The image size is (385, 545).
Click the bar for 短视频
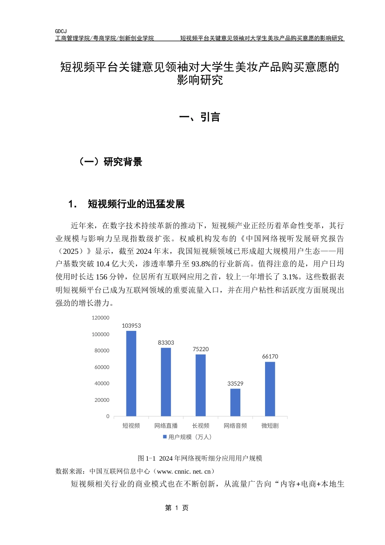[131, 373]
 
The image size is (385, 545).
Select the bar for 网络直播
[166, 382]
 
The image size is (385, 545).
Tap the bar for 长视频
[201, 385]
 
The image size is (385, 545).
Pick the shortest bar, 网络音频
[235, 402]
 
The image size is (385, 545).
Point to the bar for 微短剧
[270, 389]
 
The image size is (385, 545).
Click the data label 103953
[131, 326]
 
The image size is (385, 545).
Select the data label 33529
[235, 384]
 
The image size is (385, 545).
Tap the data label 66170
[270, 356]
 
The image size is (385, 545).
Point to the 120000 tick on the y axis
[101, 318]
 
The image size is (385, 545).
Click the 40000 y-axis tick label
[102, 384]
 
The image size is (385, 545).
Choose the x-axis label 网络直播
[166, 426]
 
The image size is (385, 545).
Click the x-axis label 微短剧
[270, 426]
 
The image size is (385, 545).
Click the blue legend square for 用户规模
[165, 437]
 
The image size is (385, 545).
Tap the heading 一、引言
[200, 117]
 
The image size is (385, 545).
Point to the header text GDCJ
[61, 31]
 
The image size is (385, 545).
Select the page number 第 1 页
[177, 508]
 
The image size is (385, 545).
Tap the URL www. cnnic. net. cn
[184, 471]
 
